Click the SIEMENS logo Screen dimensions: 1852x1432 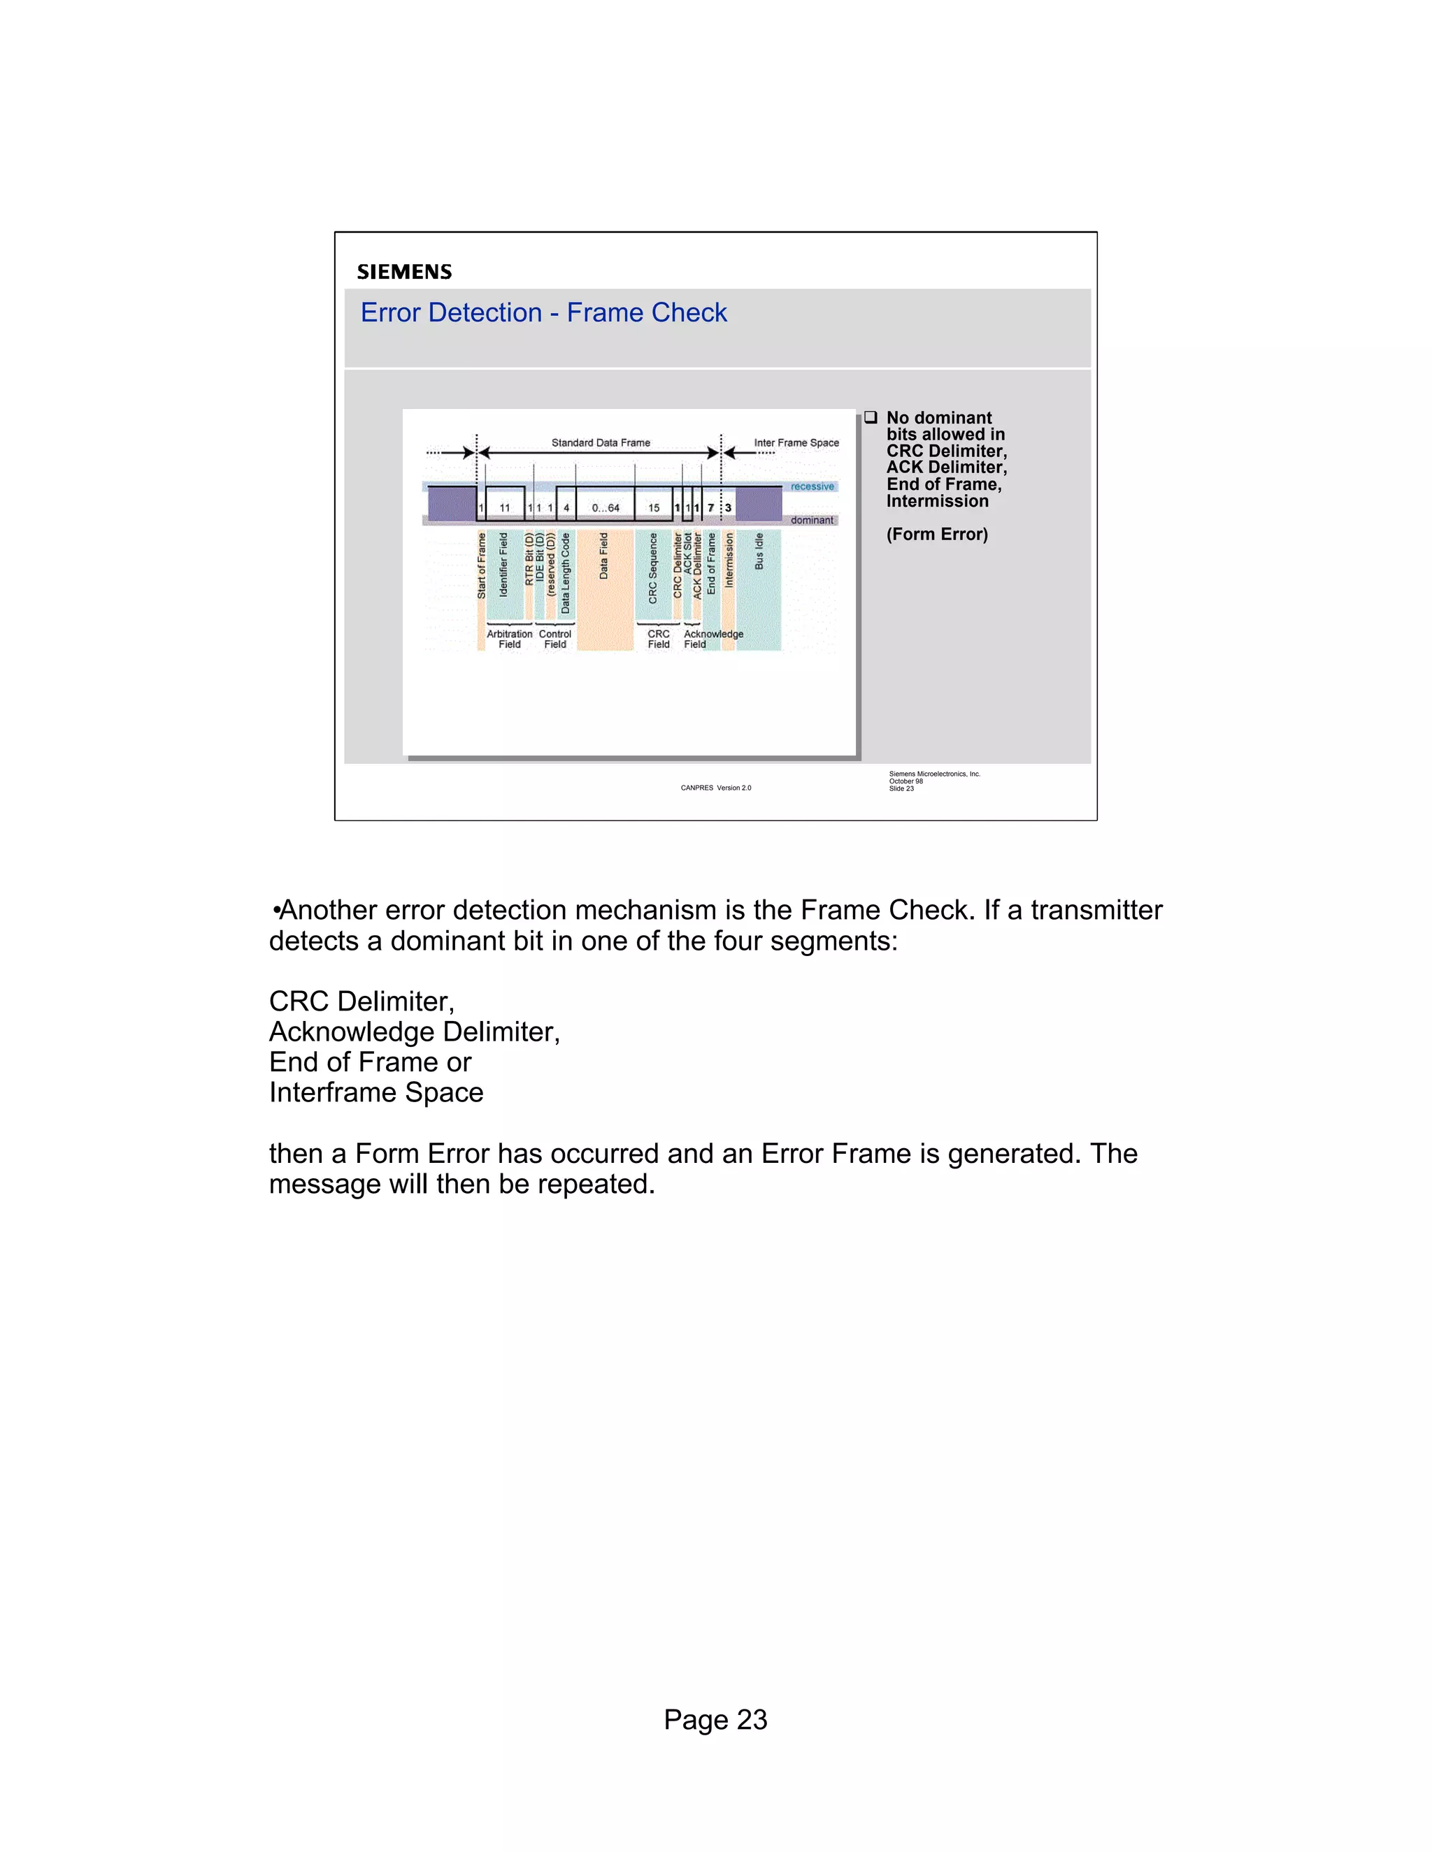point(404,272)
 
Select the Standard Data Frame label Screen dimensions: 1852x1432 point(601,442)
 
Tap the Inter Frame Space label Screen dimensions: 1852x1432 point(796,442)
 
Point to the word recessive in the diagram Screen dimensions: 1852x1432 point(812,486)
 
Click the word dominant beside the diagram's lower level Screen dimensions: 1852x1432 point(812,521)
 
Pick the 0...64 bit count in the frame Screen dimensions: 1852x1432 point(606,508)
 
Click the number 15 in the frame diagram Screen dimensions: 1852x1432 point(653,508)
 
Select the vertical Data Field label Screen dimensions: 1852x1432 point(604,556)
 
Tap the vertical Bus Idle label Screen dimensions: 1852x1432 point(759,551)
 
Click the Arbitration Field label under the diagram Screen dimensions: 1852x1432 point(509,639)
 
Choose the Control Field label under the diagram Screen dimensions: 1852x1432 point(554,639)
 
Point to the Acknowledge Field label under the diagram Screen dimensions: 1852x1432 point(713,639)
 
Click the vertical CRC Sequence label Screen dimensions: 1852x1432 point(653,568)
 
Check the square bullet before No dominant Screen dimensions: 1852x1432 point(871,417)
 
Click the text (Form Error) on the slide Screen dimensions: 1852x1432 point(936,534)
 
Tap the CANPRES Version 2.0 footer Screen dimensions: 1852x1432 point(715,788)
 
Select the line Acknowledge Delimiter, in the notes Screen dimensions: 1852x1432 point(414,1032)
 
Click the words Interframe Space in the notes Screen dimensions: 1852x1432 point(375,1093)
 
